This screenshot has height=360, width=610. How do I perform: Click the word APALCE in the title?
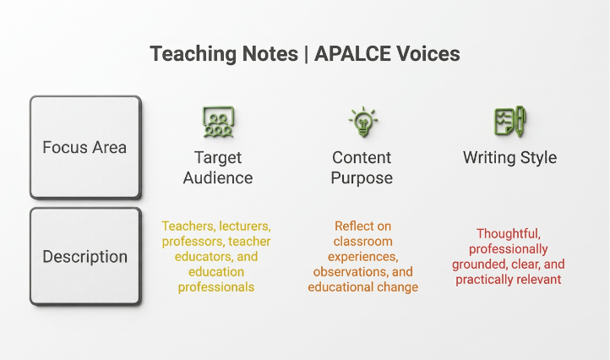coord(352,54)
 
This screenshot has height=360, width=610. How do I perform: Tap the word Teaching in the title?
coord(193,54)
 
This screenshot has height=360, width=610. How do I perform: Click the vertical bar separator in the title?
coord(306,54)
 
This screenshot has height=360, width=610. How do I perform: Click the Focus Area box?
coord(85,147)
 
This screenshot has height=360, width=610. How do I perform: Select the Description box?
coord(85,256)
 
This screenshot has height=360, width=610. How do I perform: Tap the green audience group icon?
coord(218,122)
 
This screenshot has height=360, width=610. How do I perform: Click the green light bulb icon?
coord(363,122)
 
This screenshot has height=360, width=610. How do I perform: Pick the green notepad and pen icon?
coord(510,121)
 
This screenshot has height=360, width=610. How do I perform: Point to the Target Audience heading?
coord(218,167)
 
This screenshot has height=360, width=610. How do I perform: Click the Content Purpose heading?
coord(362,167)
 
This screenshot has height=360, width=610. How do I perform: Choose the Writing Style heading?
coord(510,158)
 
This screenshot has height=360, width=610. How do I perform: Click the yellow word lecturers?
coord(245,226)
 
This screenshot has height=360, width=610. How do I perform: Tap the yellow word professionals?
coord(216,287)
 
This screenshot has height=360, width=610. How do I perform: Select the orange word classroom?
coord(363,242)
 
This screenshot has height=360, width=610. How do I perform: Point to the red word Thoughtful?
coord(509,234)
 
